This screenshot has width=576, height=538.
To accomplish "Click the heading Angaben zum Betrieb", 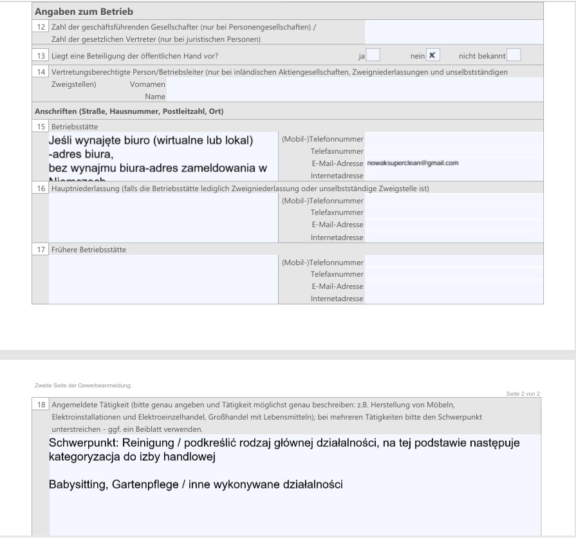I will coord(84,12).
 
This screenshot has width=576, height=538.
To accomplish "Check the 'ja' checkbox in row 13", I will coord(373,55).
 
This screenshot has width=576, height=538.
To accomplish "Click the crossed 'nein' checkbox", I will coord(433,55).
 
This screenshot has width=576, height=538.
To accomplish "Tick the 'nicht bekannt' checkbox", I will coord(513,55).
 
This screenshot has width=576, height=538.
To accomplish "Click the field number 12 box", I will coord(41,27).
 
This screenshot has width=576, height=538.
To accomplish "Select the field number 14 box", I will coord(41,72).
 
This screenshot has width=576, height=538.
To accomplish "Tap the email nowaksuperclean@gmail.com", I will coord(413,163).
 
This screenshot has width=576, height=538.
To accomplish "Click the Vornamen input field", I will coord(354,84).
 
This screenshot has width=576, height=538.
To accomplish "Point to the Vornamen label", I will coord(147,84).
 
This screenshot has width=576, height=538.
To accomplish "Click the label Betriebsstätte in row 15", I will coord(75,127).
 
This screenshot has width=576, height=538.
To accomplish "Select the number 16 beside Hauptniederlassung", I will coord(41,189).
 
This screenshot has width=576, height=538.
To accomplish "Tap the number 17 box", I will coord(41,249).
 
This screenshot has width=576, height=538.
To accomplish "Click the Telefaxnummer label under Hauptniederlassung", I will coord(337,212).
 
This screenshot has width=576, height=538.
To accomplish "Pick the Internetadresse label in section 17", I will coord(337,299).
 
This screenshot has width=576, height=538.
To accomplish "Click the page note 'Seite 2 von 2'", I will coord(523,393).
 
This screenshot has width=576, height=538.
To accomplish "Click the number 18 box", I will coord(41,405).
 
